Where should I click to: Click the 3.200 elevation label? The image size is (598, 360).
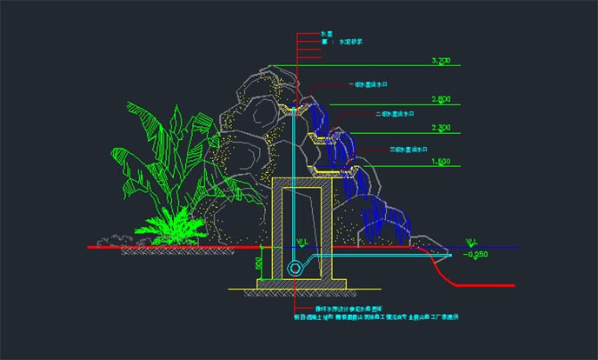[441, 61]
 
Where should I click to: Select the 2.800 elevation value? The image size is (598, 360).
[441, 99]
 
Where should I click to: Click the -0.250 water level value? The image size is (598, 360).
[479, 255]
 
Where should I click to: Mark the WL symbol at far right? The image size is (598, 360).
[473, 242]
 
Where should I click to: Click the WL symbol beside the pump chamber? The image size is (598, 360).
[302, 243]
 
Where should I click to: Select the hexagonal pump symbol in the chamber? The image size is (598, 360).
[298, 268]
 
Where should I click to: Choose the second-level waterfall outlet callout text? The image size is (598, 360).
[395, 114]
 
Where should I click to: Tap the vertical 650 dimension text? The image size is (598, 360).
[259, 263]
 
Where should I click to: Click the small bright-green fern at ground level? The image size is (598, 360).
[173, 228]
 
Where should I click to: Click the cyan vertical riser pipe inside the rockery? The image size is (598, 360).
[294, 174]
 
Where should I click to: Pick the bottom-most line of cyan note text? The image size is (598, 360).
[382, 317]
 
